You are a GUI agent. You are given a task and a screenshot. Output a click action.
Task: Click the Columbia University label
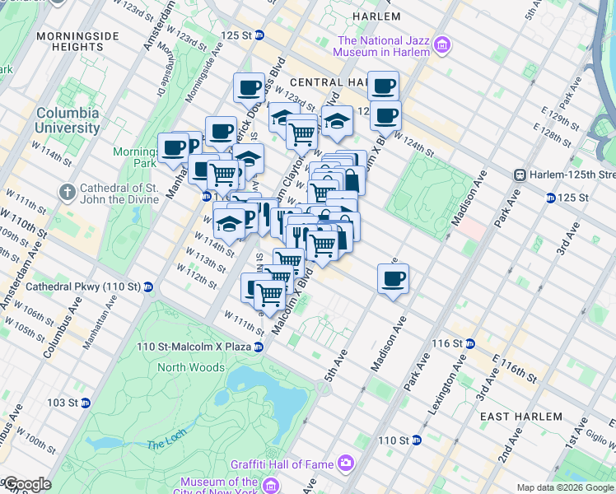coord(67,120)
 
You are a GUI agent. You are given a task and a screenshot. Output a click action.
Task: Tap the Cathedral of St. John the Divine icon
coord(67,192)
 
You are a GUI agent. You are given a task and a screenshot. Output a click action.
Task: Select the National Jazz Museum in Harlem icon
coord(442,44)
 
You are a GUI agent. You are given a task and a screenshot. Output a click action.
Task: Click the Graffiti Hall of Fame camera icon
coord(346,463)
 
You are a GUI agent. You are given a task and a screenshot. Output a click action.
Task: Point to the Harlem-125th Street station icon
coord(520,175)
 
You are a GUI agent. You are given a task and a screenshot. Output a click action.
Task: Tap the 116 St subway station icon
coord(469,343)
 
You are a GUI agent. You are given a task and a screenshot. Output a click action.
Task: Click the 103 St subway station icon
coord(85,402)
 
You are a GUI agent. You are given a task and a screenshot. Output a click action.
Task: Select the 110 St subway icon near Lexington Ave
coord(416,440)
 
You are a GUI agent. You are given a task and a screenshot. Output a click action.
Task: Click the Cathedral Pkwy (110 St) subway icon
coord(148,287)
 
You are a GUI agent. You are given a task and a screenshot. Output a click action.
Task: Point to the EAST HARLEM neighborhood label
coord(518,417)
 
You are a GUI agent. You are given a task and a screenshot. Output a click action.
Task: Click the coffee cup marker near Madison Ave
coord(394,279)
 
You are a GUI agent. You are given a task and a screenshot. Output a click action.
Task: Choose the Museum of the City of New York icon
coord(268,482)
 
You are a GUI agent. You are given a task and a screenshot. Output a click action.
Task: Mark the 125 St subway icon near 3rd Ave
coord(550,198)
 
